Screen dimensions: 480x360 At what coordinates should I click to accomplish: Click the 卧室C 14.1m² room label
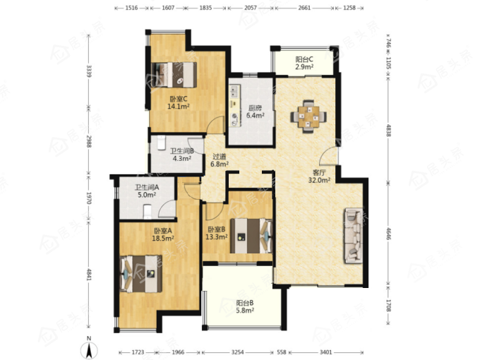pyautogui.click(x=178, y=102)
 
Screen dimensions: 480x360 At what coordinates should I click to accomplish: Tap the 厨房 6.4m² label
pyautogui.click(x=256, y=112)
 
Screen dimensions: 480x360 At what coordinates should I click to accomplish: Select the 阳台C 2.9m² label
pyautogui.click(x=304, y=63)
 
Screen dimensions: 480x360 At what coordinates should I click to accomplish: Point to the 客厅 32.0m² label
pyautogui.click(x=319, y=176)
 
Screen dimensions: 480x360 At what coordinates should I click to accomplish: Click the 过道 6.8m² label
pyautogui.click(x=220, y=160)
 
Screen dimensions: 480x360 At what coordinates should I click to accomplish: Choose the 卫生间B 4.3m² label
pyautogui.click(x=182, y=155)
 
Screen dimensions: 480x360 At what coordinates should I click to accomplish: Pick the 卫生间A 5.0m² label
pyautogui.click(x=147, y=191)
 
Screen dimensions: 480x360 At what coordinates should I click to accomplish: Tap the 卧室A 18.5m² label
pyautogui.click(x=163, y=234)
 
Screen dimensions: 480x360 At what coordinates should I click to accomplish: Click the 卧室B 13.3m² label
pyautogui.click(x=217, y=233)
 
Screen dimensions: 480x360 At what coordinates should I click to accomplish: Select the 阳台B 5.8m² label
pyautogui.click(x=245, y=307)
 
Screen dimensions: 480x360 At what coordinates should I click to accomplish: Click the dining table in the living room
pyautogui.click(x=308, y=116)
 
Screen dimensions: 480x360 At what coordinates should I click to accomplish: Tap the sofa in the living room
pyautogui.click(x=354, y=235)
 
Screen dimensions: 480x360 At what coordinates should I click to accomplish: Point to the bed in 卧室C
pyautogui.click(x=174, y=75)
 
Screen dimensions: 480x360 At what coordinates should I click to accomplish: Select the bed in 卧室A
pyautogui.click(x=140, y=274)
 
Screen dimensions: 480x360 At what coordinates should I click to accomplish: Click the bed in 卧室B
pyautogui.click(x=251, y=236)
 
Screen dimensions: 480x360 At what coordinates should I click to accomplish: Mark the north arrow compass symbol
pyautogui.click(x=89, y=349)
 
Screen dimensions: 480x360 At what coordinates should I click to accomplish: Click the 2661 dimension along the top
pyautogui.click(x=304, y=8)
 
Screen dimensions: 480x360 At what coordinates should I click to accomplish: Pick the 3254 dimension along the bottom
pyautogui.click(x=238, y=352)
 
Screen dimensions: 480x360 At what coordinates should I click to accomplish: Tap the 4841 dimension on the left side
pyautogui.click(x=89, y=275)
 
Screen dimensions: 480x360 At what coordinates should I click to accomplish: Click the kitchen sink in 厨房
pyautogui.click(x=235, y=92)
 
